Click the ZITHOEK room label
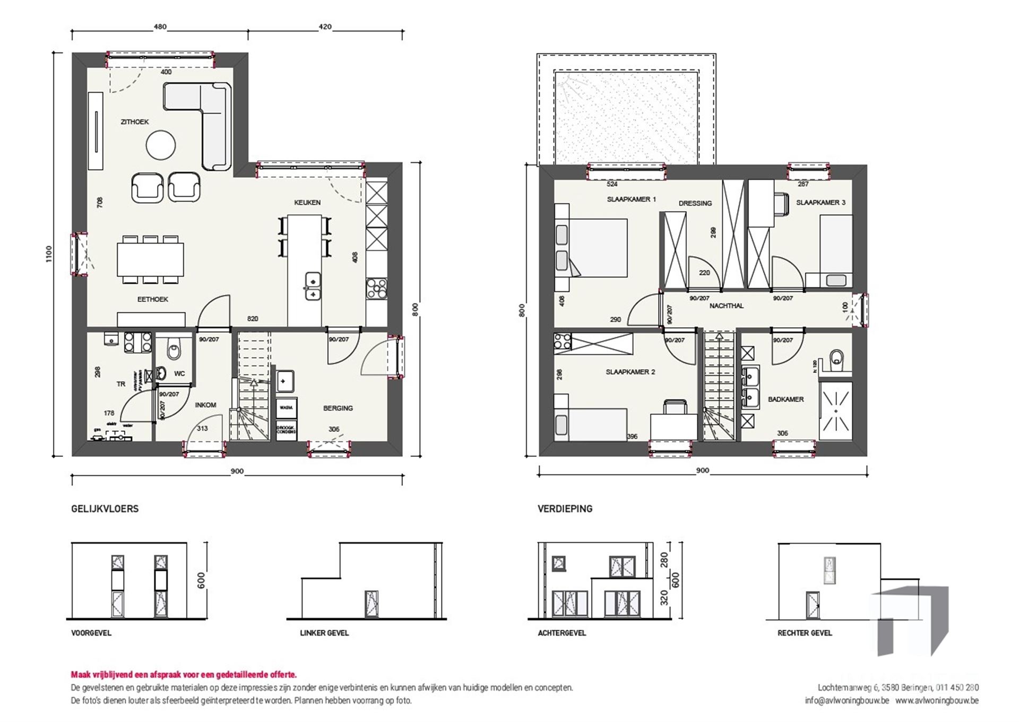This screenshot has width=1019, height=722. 134,121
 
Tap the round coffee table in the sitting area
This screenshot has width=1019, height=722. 161,145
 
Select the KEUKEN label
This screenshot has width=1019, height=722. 307,202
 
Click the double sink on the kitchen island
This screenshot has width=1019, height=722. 313,286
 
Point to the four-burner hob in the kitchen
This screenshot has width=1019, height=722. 376,290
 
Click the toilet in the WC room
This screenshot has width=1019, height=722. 173,351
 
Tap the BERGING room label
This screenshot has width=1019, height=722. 338,408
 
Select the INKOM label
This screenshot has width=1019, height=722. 205,405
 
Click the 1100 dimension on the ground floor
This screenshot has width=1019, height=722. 49,254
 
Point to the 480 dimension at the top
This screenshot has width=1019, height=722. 160,27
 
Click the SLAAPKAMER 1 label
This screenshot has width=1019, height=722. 631,199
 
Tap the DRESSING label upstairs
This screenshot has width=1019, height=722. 695,203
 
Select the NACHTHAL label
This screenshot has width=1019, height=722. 726,306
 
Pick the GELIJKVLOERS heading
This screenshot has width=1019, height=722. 105,508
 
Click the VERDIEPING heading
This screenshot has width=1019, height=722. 565,508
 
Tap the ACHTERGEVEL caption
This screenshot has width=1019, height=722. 562,633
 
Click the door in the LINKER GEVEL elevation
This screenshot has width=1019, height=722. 372,604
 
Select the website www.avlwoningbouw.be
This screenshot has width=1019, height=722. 937,700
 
